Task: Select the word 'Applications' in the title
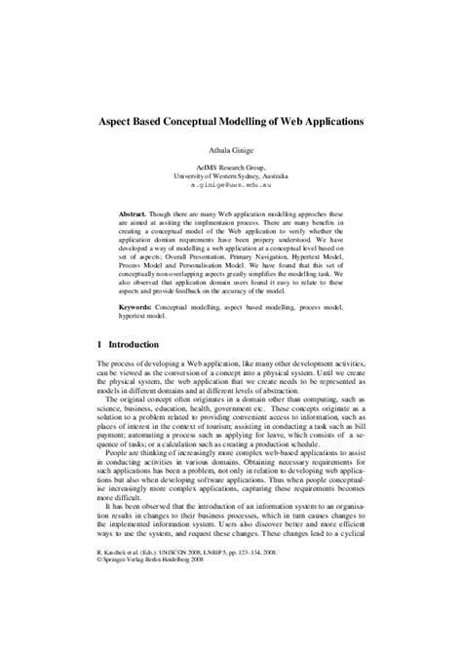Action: click(328, 126)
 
